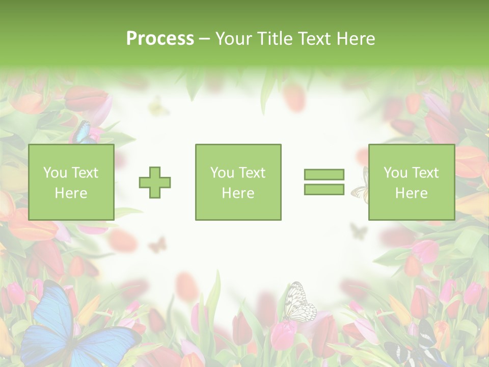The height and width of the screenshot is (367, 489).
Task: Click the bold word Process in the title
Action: coord(160,39)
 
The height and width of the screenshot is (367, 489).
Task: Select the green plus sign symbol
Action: coord(155,182)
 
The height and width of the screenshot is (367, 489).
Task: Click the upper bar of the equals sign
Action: coord(324,174)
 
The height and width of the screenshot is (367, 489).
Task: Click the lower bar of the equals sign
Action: coord(324,189)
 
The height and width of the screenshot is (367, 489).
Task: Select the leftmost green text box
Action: coord(71,182)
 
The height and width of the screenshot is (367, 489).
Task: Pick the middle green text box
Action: coord(238,182)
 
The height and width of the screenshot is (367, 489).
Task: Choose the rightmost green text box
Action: coord(411,182)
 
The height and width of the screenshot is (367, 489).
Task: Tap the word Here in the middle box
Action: coord(238,193)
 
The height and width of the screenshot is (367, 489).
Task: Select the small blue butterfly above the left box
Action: coord(82,133)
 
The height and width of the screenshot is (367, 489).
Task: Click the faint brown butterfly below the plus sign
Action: coord(157,245)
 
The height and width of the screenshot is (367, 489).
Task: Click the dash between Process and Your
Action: coord(204,39)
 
